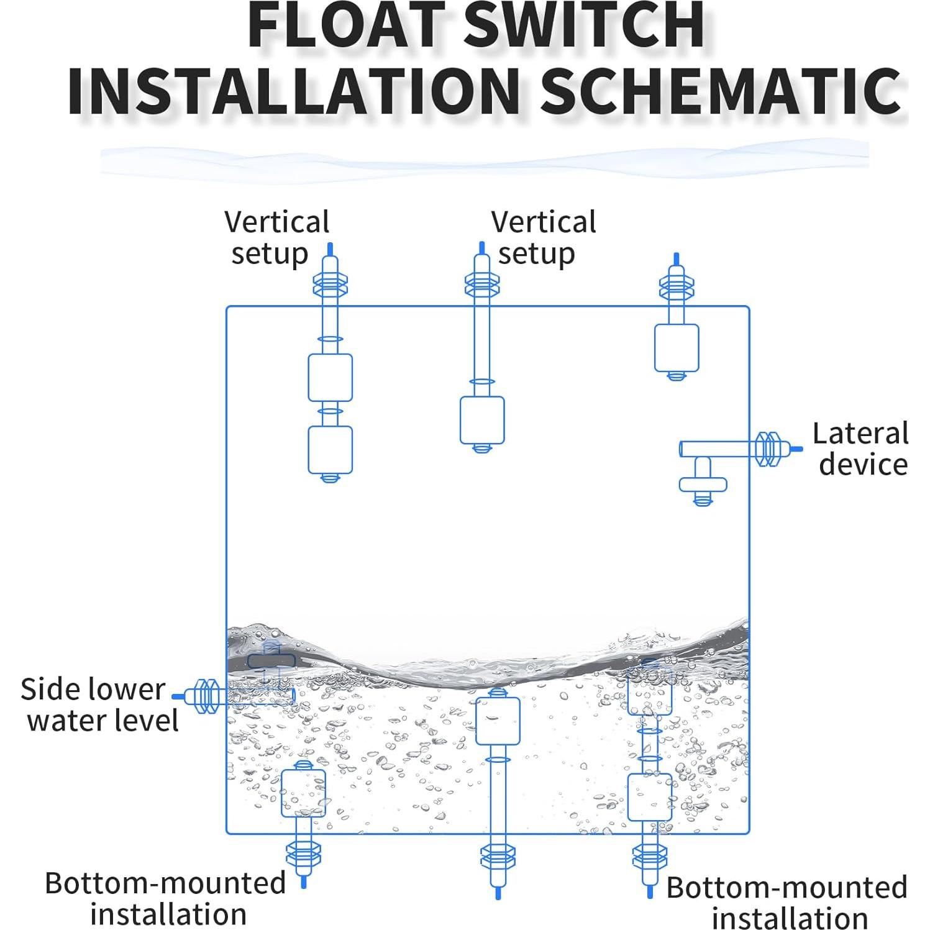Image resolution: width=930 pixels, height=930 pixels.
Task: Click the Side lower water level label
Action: [99, 705]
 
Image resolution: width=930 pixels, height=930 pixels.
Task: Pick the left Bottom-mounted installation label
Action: [166, 898]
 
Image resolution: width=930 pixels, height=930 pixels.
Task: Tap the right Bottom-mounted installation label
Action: [787, 902]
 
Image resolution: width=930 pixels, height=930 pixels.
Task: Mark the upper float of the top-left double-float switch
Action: [330, 377]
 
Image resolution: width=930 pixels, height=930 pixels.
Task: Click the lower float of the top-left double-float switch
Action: [330, 449]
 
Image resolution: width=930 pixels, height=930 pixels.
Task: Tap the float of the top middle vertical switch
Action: [481, 420]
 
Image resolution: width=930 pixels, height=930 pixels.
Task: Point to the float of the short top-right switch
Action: [676, 347]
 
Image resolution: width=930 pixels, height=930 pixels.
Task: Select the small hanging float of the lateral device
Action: [703, 483]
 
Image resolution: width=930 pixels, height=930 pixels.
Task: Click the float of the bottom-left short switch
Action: [303, 793]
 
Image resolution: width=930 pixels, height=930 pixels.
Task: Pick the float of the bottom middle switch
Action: [497, 721]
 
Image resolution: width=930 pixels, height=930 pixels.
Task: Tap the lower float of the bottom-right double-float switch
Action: [649, 797]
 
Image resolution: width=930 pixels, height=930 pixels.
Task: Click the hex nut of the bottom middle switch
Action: [498, 857]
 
